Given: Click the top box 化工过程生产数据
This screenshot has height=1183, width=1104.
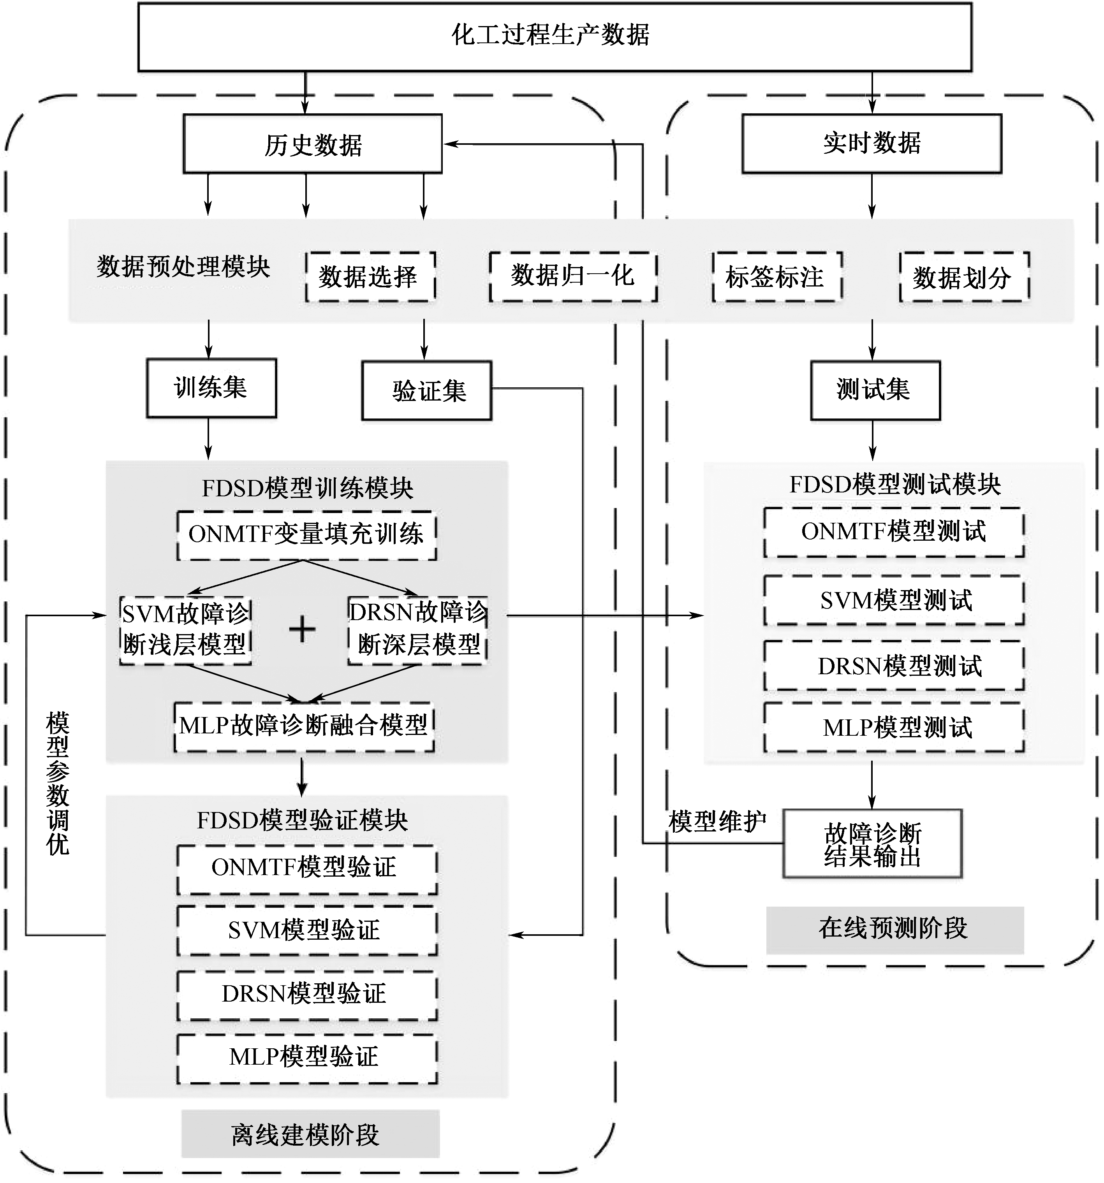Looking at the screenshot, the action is click(555, 37).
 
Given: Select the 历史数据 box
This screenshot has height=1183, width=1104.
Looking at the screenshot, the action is click(312, 144).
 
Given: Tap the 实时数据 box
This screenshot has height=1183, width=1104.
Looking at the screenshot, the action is click(872, 143).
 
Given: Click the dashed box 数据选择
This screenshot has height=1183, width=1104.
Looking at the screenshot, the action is click(370, 277).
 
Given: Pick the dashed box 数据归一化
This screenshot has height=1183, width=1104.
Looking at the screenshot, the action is click(573, 277).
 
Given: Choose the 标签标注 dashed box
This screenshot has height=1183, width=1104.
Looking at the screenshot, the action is click(777, 277).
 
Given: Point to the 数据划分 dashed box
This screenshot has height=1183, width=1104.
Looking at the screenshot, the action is click(964, 277).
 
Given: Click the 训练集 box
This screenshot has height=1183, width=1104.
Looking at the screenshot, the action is click(211, 388).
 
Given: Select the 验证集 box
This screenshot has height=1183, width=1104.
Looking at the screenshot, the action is click(427, 390).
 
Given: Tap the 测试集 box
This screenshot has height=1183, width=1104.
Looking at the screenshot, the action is click(875, 390).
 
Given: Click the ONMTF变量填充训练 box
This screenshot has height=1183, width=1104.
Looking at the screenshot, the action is click(306, 535).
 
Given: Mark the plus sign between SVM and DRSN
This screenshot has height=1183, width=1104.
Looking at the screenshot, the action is click(302, 629).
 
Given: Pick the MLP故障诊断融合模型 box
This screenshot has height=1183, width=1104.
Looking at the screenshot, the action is click(304, 727).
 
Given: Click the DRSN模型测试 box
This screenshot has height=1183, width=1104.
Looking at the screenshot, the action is click(894, 666).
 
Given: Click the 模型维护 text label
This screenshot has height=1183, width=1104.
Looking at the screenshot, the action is click(717, 822).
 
